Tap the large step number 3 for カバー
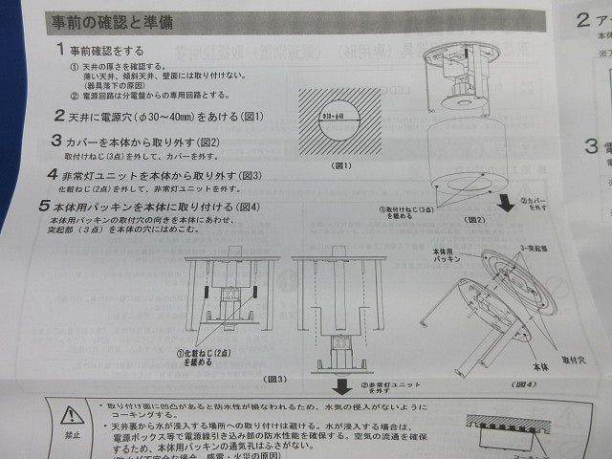(58, 140)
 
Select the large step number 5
(44, 206)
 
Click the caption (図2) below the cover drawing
(475, 220)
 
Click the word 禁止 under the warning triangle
(72, 435)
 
